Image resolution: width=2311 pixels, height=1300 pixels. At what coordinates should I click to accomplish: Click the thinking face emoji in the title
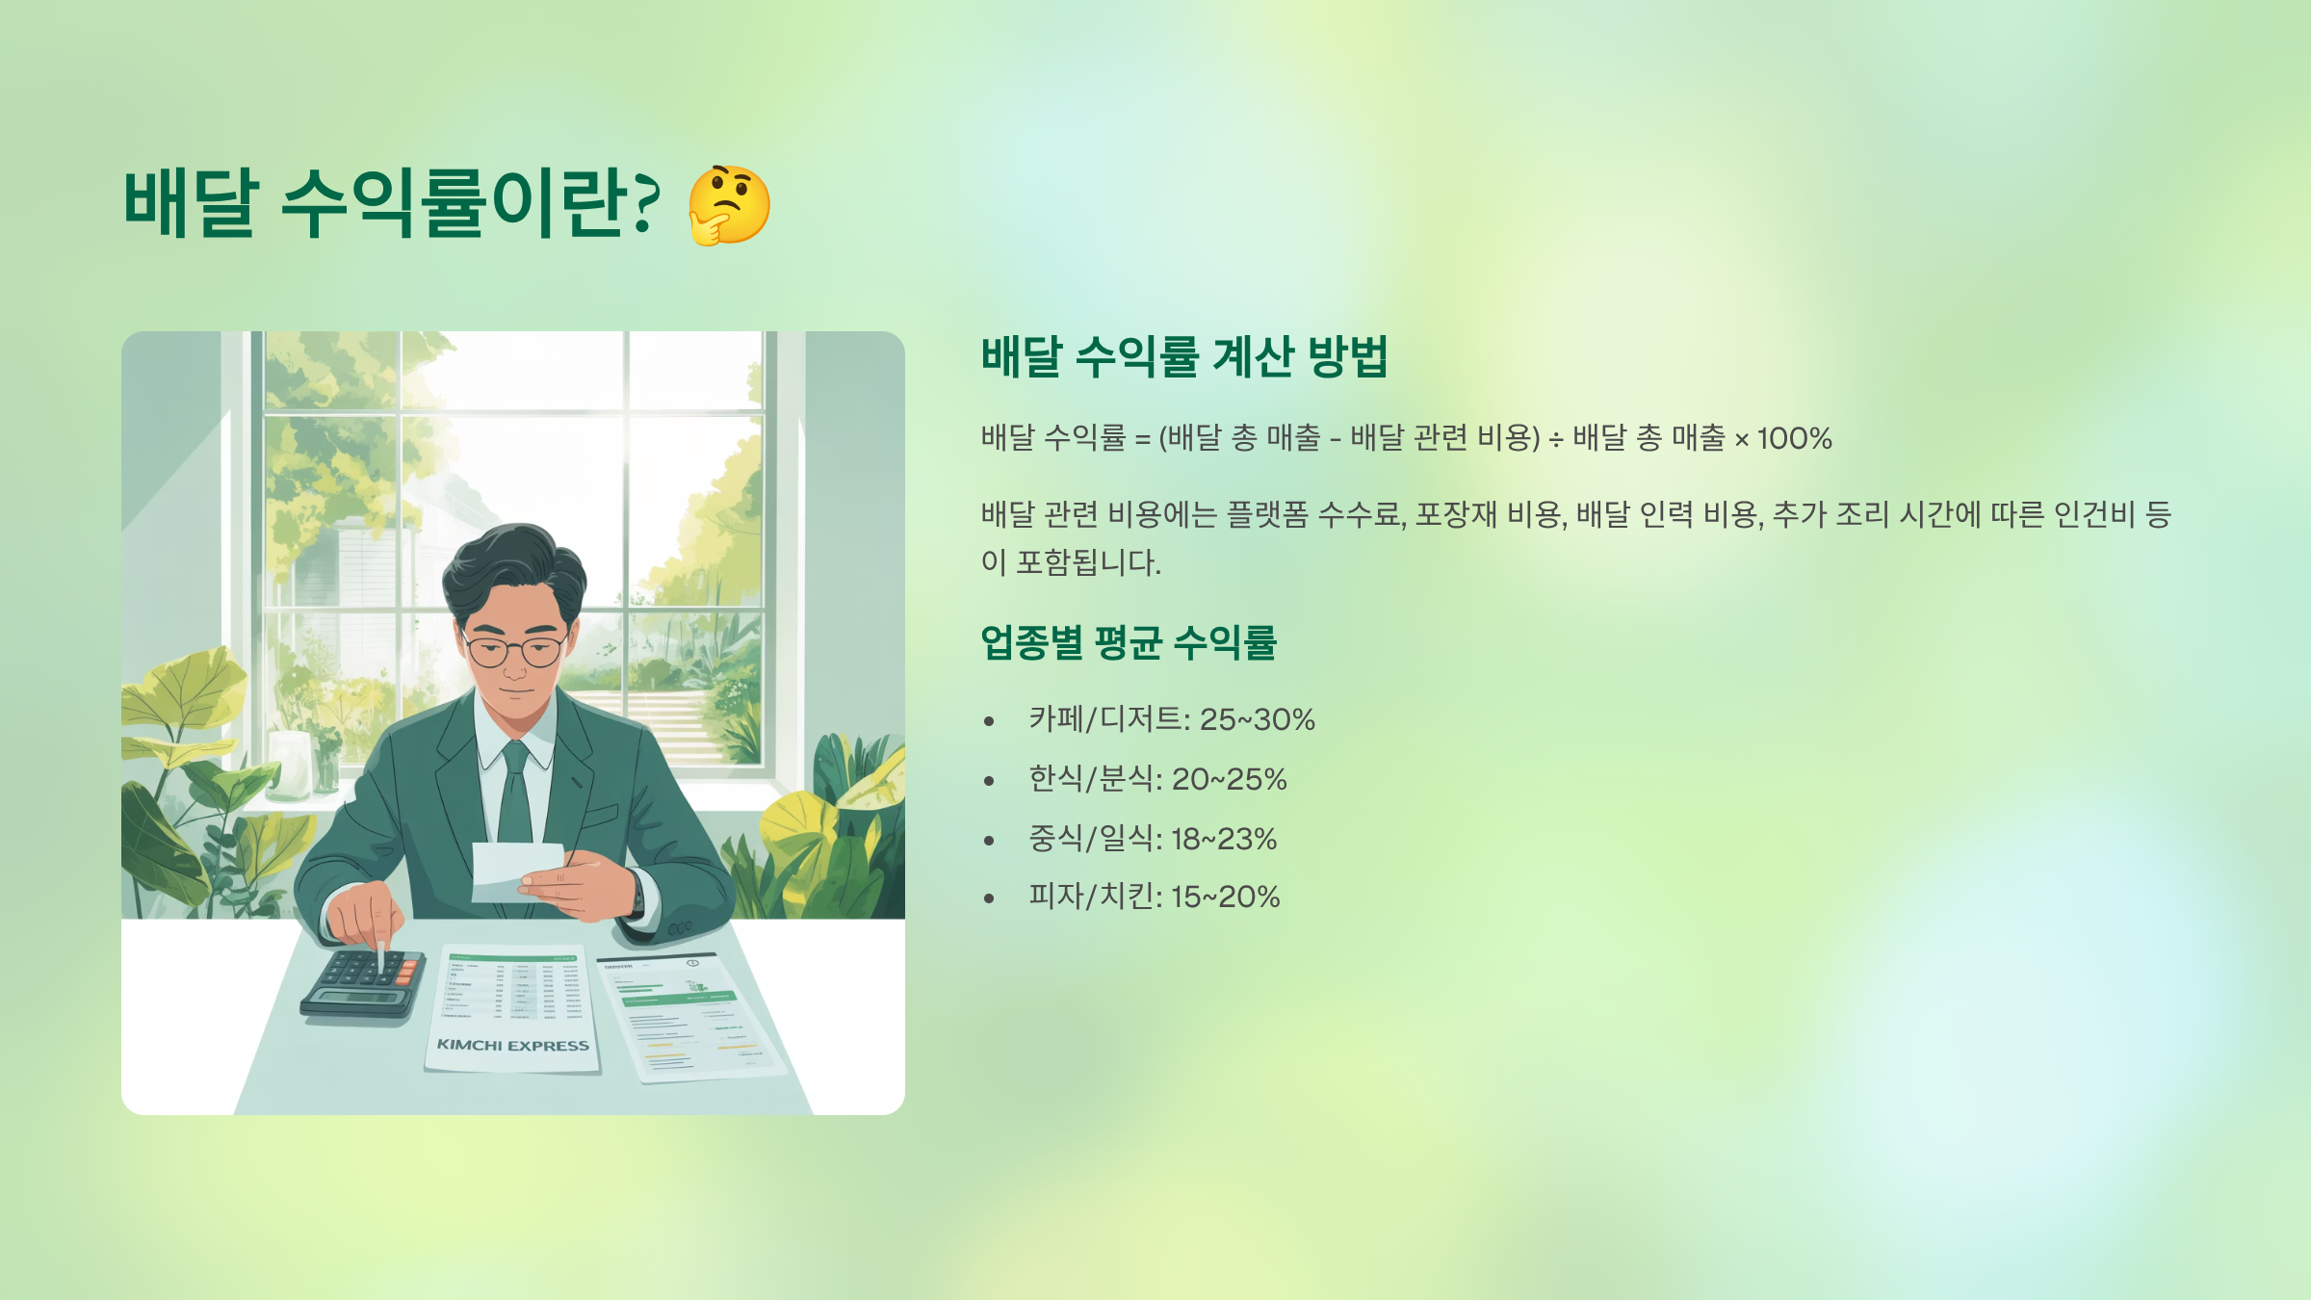coord(729,205)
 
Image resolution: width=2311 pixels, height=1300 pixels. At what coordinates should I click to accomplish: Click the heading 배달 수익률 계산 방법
coord(1183,356)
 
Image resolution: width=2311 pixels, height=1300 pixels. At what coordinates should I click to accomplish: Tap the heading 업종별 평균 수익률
coord(1128,642)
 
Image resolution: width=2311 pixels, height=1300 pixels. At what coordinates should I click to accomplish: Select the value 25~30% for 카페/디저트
coord(1257,719)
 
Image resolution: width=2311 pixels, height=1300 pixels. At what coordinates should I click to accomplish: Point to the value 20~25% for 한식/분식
coord(1229,779)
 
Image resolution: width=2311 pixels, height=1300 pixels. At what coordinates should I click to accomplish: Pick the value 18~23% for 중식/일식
coord(1223,839)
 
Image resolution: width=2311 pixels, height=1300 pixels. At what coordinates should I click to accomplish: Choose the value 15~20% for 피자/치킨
coord(1225,897)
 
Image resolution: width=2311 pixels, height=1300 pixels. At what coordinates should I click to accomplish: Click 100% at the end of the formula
coord(1794,439)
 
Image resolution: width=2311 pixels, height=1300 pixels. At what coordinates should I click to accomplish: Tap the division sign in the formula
coord(1556,440)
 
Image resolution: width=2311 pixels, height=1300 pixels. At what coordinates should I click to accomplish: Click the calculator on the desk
coord(364,982)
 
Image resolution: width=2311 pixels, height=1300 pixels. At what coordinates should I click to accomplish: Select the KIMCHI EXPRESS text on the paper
coord(512,1046)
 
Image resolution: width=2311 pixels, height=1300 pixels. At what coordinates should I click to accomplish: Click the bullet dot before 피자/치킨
coord(989,898)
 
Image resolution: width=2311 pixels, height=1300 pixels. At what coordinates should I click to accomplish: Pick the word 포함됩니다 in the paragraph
coord(1088,562)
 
